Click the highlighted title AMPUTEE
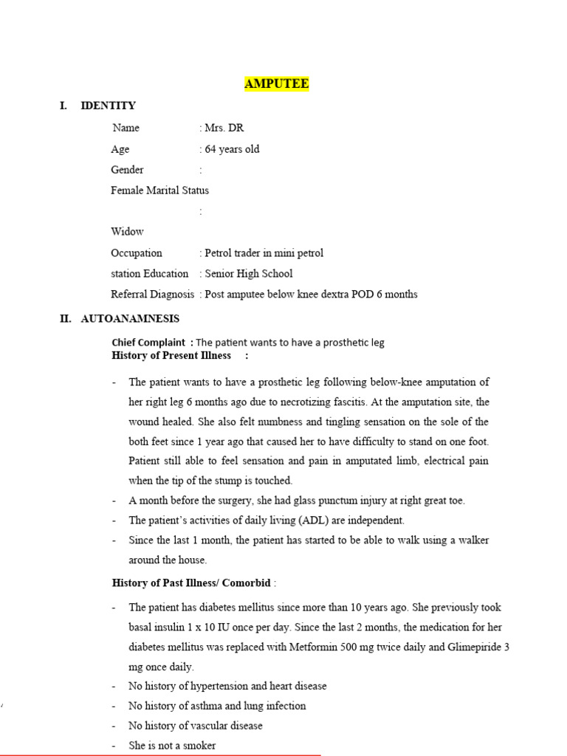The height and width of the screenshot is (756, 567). click(x=276, y=84)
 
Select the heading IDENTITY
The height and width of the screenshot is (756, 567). click(x=108, y=106)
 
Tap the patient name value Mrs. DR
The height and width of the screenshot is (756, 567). click(x=224, y=128)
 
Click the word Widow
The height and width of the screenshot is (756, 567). click(x=127, y=232)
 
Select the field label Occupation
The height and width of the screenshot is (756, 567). click(x=136, y=252)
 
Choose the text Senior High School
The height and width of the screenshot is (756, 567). click(x=248, y=273)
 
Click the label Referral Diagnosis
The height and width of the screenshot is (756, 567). click(x=153, y=294)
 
